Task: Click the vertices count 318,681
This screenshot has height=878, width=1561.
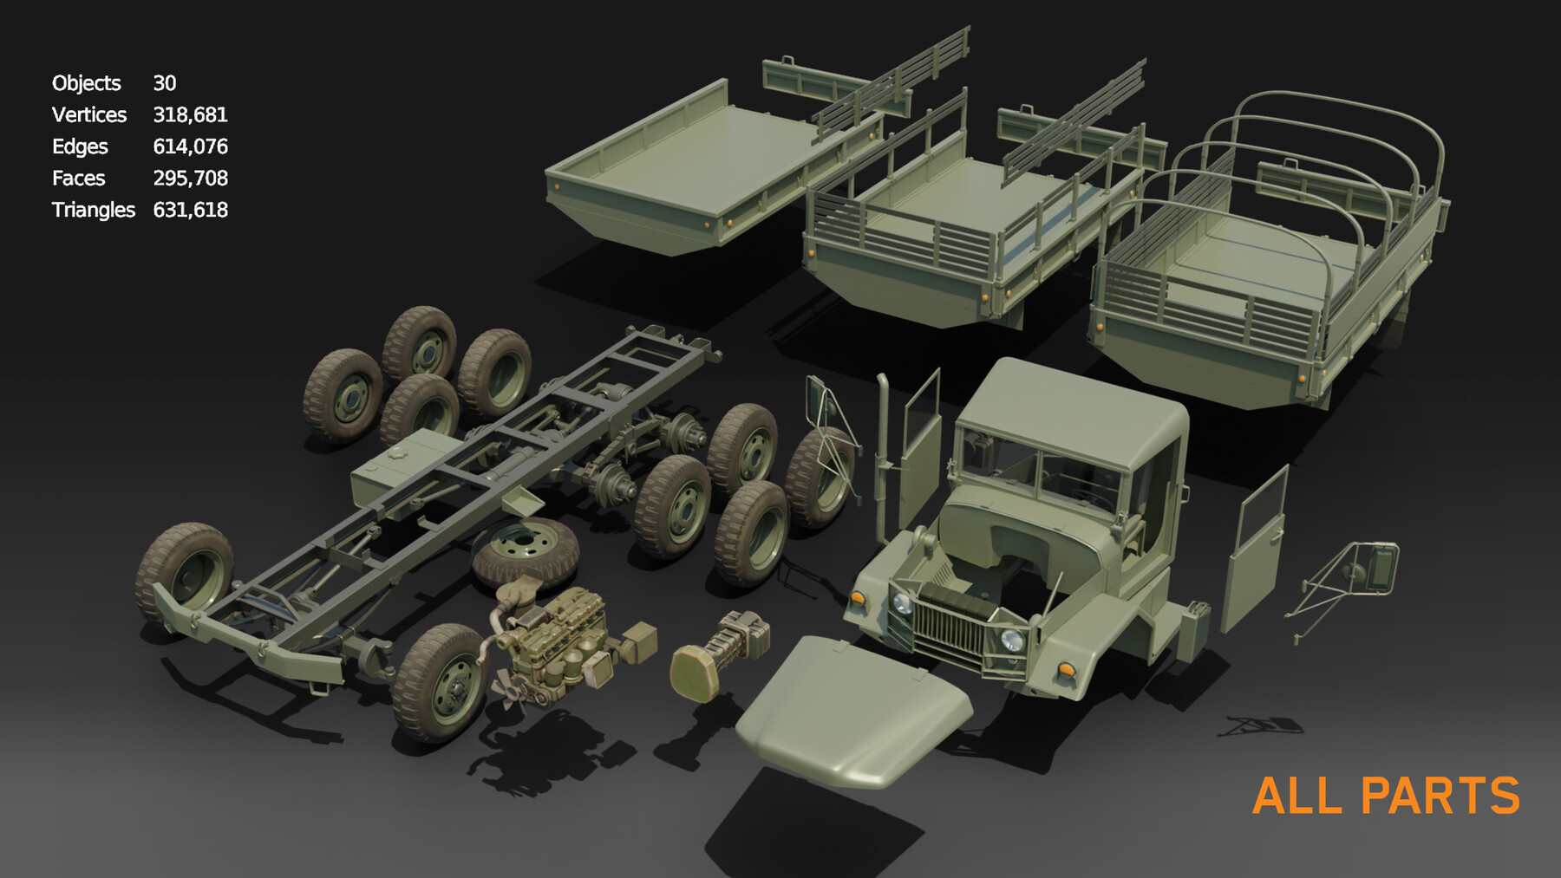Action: [190, 114]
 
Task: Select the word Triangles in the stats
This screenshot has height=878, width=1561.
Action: [93, 210]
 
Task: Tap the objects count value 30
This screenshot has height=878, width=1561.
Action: [164, 83]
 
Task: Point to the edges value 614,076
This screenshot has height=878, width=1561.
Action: [190, 146]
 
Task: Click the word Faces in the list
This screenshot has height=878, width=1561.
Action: [78, 179]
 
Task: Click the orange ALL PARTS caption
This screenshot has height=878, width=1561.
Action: [1385, 796]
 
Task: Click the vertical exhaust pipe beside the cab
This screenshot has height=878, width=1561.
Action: [883, 459]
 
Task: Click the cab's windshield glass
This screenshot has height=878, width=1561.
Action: [1041, 472]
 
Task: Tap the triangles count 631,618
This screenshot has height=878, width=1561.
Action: [190, 210]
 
